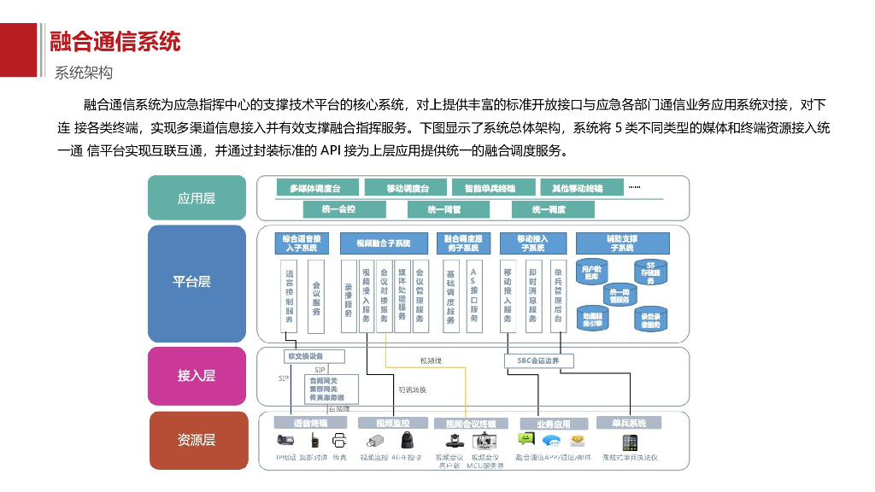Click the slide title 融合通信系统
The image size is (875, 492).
115,40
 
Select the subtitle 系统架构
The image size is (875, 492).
84,73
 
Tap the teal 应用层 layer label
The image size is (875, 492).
196,198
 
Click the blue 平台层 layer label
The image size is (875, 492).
196,282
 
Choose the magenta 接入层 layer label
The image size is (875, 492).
196,375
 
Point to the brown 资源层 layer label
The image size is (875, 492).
196,440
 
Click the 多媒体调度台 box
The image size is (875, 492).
314,188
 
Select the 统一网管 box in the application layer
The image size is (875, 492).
443,209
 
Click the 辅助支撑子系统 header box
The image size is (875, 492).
621,243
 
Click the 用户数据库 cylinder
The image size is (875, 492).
592,272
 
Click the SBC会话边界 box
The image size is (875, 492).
538,360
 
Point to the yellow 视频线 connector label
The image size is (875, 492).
431,360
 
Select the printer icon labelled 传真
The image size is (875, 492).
339,442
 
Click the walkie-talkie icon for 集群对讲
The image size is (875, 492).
314,442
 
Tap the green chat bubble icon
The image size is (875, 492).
526,441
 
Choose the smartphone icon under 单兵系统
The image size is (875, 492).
630,442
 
